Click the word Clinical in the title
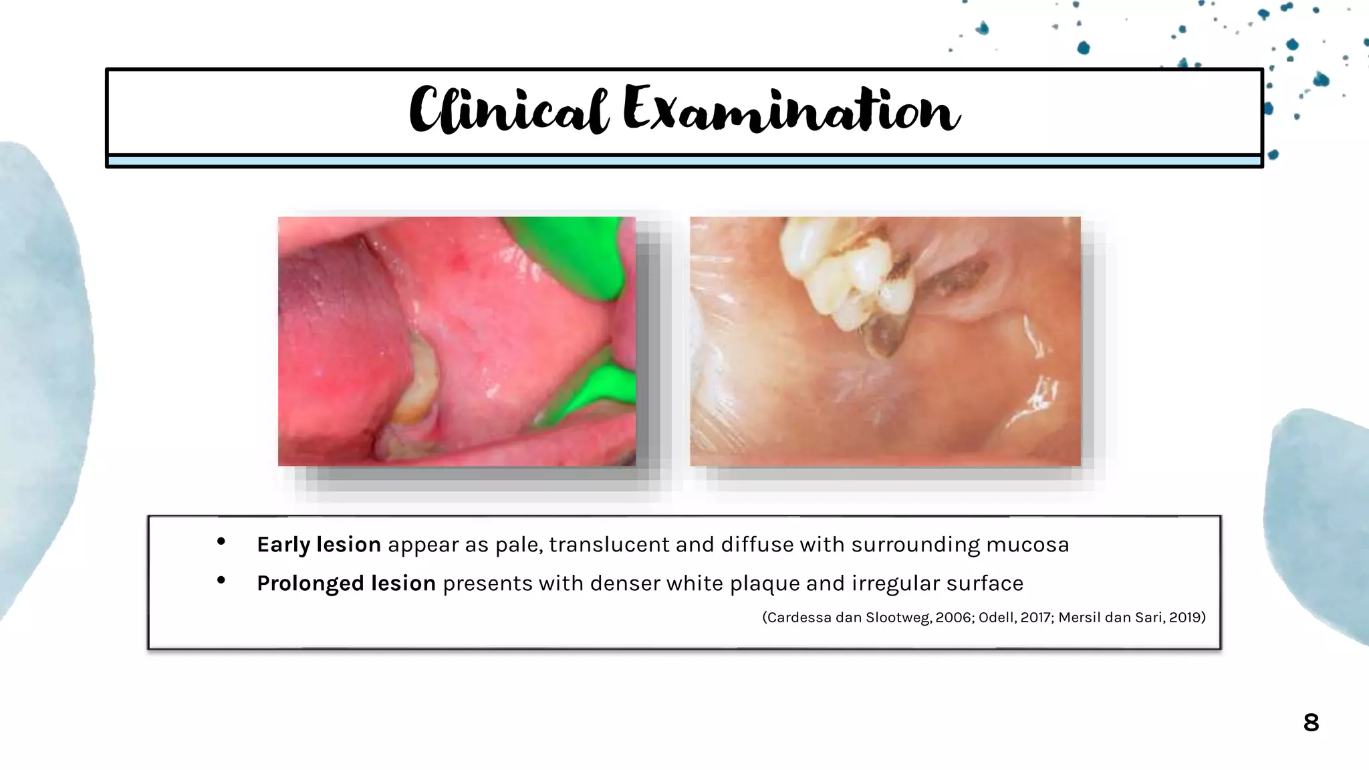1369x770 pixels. [x=508, y=110]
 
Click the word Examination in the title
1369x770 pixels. [x=791, y=110]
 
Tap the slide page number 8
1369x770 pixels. [x=1311, y=723]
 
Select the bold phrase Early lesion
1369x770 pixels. [x=319, y=545]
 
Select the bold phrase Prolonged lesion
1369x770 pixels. [x=346, y=584]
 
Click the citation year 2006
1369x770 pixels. [x=954, y=618]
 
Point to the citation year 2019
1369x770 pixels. [x=1185, y=618]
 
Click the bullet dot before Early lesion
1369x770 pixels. [x=221, y=542]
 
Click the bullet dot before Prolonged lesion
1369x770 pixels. [x=221, y=581]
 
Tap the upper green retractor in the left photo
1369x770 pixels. [x=575, y=254]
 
